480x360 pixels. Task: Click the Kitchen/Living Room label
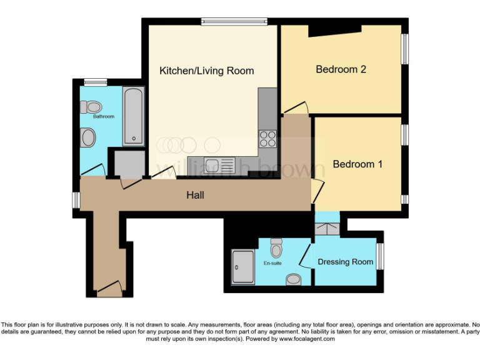pos(206,71)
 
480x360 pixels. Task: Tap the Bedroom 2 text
pos(341,69)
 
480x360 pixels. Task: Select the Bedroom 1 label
pos(357,164)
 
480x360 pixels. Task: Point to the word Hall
pos(195,196)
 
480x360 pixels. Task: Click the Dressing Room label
pos(346,262)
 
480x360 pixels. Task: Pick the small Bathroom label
pos(104,117)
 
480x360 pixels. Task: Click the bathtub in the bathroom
pos(133,116)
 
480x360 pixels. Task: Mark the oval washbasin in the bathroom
pos(89,137)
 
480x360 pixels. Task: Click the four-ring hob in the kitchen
pos(267,137)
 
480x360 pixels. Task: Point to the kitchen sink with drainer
pos(219,165)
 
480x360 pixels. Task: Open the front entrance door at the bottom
pos(109,289)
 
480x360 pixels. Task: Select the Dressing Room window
pos(379,256)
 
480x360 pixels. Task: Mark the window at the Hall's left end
pos(76,199)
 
